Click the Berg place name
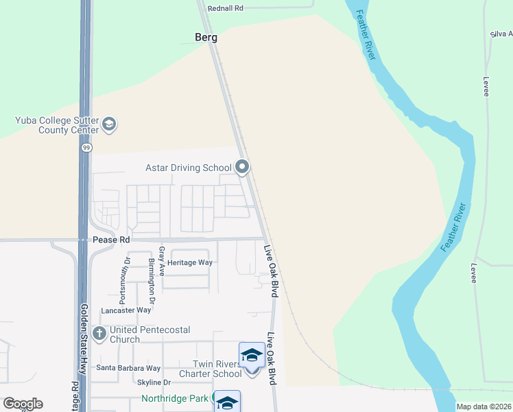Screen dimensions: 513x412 click(205, 38)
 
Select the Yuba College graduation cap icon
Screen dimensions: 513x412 click(109, 124)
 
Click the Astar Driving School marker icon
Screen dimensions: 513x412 click(241, 167)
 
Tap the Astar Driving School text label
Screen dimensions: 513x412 click(188, 168)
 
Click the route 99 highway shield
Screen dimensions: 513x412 click(86, 147)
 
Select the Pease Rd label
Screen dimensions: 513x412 click(111, 240)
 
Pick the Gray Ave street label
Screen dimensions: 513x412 click(162, 262)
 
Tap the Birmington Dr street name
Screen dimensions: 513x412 click(152, 284)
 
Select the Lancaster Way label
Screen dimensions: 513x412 click(126, 310)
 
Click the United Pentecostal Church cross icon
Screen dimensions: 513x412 click(99, 334)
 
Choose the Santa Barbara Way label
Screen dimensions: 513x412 click(128, 368)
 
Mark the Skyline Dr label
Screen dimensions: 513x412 click(154, 382)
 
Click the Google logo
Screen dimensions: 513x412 click(23, 404)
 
